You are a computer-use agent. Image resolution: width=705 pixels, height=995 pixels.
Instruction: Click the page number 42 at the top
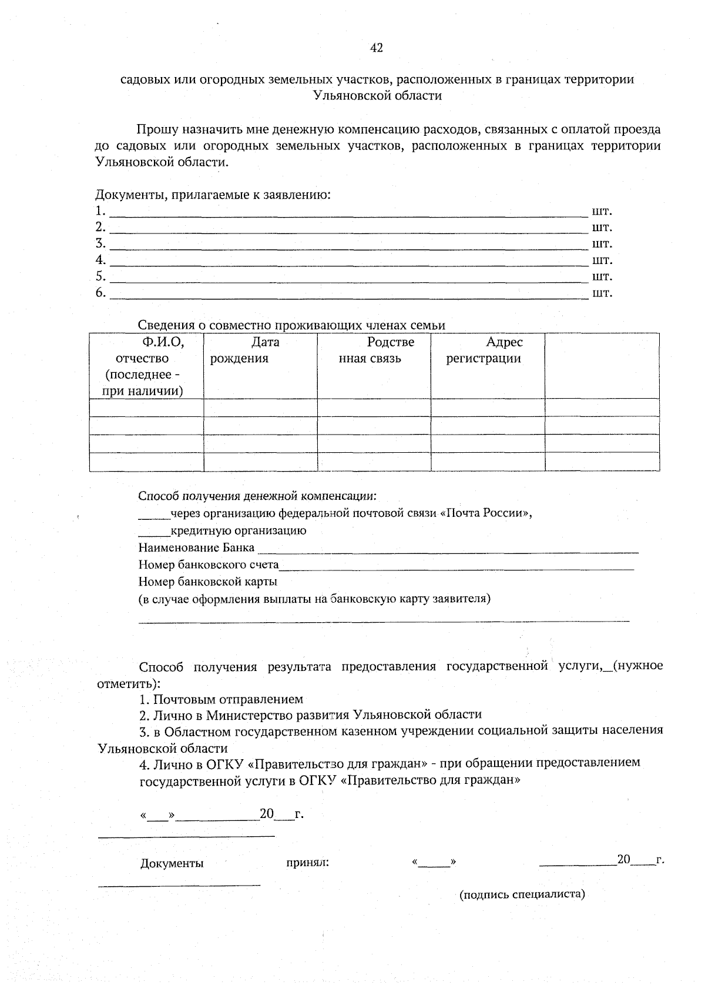point(376,48)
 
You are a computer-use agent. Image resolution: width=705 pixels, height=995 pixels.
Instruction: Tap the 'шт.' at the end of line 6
point(602,293)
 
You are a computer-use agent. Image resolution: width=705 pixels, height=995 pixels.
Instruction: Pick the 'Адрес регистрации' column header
point(488,350)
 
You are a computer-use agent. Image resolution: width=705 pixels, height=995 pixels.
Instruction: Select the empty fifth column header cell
point(602,366)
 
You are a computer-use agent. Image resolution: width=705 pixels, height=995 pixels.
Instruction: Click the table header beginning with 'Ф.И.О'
point(146,366)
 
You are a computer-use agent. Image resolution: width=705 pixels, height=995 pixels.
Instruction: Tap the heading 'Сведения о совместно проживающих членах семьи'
point(291,325)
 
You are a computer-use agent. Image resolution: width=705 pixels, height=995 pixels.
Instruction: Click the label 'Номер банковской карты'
point(207,582)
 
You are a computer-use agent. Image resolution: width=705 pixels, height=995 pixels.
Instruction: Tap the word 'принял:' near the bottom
point(307,863)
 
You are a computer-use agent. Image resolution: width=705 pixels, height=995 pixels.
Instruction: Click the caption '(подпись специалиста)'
point(522,894)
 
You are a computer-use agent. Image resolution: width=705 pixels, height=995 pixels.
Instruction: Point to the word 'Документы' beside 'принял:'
point(172,863)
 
